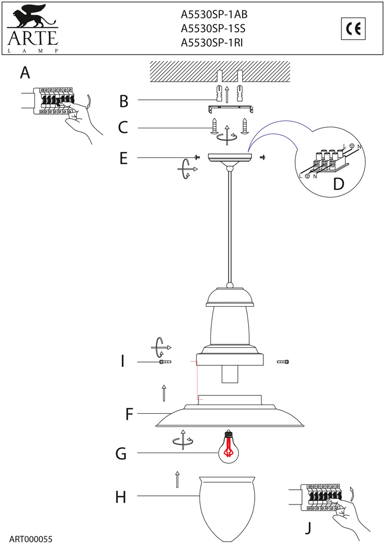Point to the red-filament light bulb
pos(229,446)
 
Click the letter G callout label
pos(121,454)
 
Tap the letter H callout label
pos(121,497)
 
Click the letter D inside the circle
pos(339,183)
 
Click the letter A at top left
pos(25,73)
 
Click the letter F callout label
pos(129,414)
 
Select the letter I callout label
pos(123,361)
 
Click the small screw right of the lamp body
pos(284,361)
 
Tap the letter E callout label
pos(124,158)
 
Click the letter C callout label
pos(123,128)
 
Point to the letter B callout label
pos(124,100)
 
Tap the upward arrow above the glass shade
pos(177,478)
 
